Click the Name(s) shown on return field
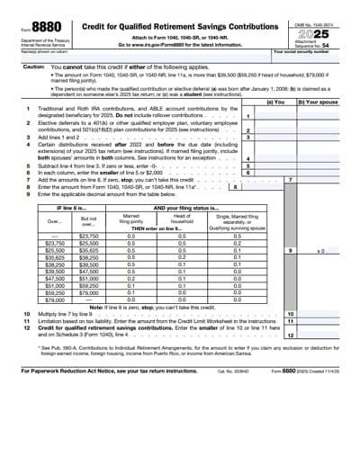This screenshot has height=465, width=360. (135, 56)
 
